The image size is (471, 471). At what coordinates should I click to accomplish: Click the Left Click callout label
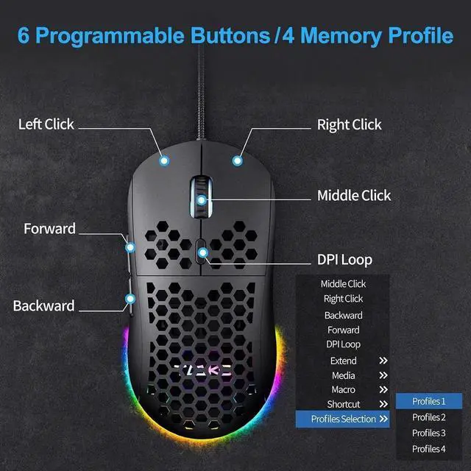point(46,124)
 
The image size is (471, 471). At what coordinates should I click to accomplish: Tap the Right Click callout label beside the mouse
point(350,124)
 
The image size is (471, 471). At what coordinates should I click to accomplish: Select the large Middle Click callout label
point(354,196)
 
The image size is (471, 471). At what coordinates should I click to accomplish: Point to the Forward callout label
point(49,229)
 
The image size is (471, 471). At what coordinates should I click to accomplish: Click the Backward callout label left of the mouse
point(43,306)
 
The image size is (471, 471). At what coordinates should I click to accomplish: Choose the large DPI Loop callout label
point(344,260)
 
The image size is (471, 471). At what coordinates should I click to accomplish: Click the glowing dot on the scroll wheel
point(202,200)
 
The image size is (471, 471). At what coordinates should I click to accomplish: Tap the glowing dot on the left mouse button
point(164,160)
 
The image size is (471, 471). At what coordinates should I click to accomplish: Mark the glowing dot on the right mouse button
point(237,160)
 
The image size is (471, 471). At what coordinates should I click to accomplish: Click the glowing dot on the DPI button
point(203,253)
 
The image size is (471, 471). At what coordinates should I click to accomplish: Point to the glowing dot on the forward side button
point(130,247)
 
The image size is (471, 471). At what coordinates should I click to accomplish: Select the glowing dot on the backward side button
point(130,299)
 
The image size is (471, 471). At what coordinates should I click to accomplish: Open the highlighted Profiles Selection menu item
point(343,419)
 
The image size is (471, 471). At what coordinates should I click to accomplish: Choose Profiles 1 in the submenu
point(429,401)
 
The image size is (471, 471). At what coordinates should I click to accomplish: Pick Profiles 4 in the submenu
point(429,449)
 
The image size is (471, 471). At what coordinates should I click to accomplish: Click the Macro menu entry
point(344,389)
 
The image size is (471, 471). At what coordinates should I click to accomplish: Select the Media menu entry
point(344,375)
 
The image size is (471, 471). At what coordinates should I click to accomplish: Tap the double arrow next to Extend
point(383,361)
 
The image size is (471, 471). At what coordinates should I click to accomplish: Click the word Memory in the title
point(341,36)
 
